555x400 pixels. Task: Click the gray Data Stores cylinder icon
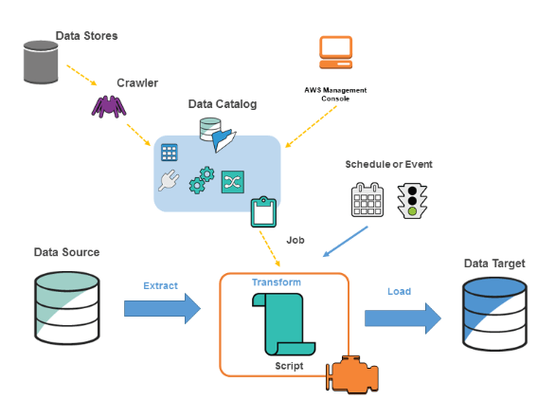click(41, 60)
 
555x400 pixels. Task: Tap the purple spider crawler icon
click(111, 103)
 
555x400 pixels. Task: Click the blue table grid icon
click(170, 153)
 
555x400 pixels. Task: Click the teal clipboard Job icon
click(261, 212)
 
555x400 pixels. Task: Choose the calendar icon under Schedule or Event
click(366, 201)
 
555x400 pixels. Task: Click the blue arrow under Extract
click(162, 307)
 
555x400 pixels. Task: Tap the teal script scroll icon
click(283, 324)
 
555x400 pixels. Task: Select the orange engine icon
click(352, 375)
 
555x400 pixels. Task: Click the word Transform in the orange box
click(276, 282)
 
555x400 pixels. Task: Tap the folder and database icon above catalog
click(215, 136)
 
